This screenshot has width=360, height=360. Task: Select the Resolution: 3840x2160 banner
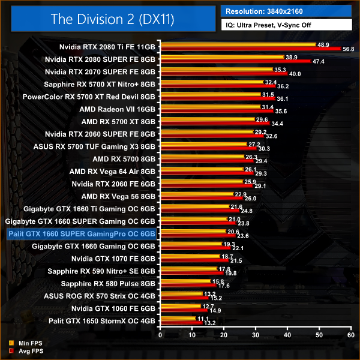286,11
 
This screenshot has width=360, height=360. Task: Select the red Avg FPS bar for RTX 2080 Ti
249,49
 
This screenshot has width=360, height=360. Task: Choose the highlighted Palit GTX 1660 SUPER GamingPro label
81,233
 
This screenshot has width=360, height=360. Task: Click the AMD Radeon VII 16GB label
118,109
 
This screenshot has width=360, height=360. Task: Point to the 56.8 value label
349,50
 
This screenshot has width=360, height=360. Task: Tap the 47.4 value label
319,61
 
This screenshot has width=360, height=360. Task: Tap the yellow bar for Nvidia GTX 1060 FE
179,306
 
